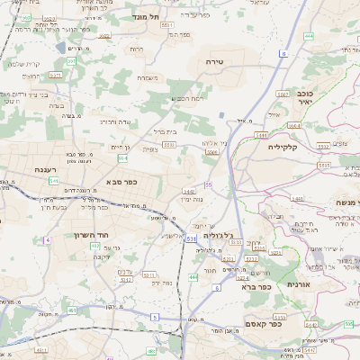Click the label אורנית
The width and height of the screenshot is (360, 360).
[x=298, y=283]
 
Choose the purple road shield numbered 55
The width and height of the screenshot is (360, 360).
[x=208, y=184]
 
